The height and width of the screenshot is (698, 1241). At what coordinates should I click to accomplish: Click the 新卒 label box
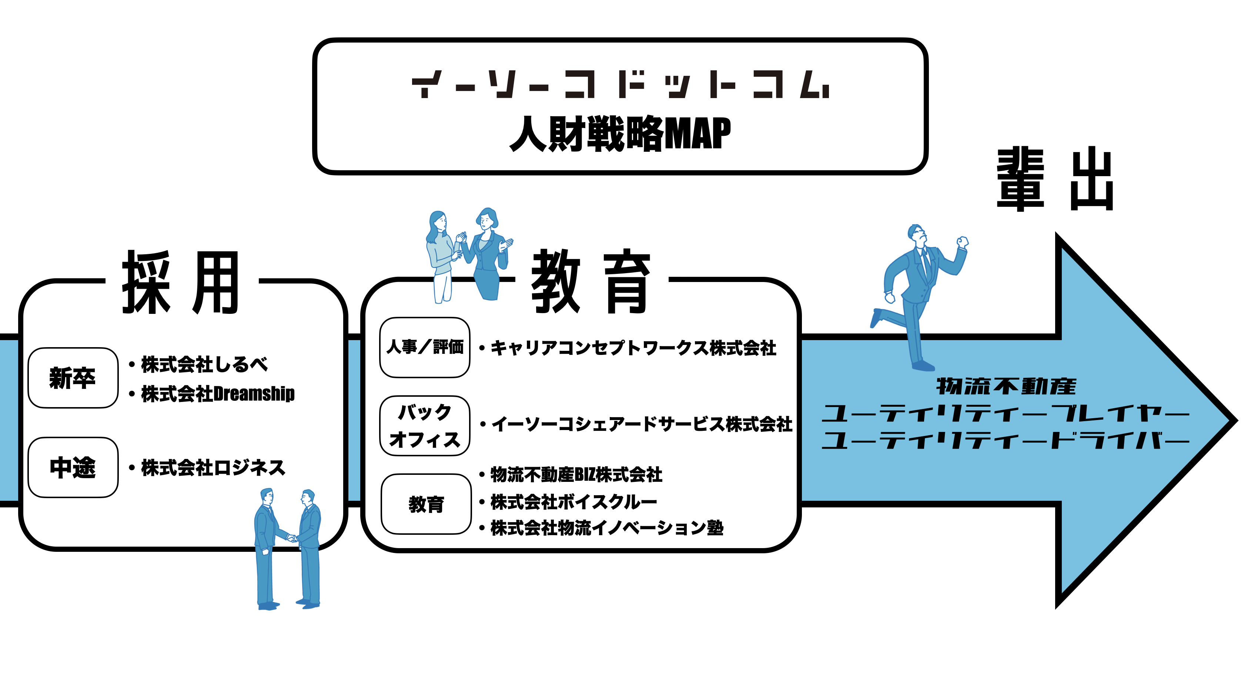(73, 377)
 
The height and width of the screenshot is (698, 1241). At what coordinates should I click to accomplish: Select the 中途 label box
(73, 467)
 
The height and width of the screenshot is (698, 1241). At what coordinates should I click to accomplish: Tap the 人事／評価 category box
(424, 347)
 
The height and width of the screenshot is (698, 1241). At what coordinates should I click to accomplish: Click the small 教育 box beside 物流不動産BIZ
(426, 504)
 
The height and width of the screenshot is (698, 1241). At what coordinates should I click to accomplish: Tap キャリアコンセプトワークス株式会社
(633, 348)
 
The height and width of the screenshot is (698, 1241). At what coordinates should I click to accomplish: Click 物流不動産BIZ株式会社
(576, 475)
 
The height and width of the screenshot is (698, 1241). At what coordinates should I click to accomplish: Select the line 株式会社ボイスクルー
(573, 502)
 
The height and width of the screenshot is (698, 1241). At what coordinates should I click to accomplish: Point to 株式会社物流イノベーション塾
(606, 528)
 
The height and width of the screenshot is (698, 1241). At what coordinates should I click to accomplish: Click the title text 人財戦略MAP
(620, 134)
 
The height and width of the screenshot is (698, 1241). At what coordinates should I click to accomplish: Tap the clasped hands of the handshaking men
(292, 538)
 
